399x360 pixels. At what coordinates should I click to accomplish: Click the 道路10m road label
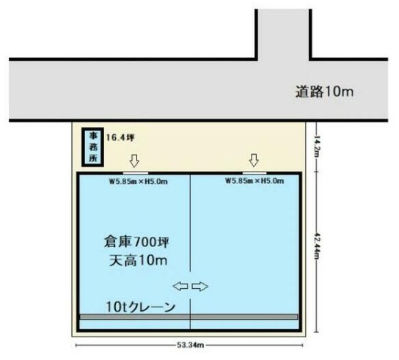click(324, 92)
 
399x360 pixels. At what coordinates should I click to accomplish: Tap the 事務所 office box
click(92, 147)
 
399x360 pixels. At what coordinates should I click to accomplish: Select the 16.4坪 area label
click(120, 138)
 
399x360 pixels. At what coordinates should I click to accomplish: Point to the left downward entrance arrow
click(134, 161)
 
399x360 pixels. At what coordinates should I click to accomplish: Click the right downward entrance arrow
click(254, 160)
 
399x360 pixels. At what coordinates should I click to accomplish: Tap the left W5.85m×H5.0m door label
click(138, 182)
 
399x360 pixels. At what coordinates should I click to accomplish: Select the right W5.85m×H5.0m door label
click(255, 181)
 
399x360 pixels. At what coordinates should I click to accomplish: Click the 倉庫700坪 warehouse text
click(136, 242)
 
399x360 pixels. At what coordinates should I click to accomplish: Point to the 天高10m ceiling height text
click(138, 261)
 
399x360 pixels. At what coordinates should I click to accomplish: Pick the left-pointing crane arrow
click(180, 287)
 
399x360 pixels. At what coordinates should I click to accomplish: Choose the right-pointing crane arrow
click(200, 287)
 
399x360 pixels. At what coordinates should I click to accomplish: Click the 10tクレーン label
click(141, 307)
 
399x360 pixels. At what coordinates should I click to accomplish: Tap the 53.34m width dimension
click(191, 345)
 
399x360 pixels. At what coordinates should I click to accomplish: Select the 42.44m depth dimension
click(317, 246)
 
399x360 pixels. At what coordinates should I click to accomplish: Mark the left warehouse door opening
click(136, 173)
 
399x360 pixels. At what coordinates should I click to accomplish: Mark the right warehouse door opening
click(255, 173)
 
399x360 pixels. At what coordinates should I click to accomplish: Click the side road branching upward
click(283, 34)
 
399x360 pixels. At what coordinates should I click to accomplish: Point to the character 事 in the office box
click(93, 136)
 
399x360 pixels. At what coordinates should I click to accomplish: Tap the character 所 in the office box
click(93, 158)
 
